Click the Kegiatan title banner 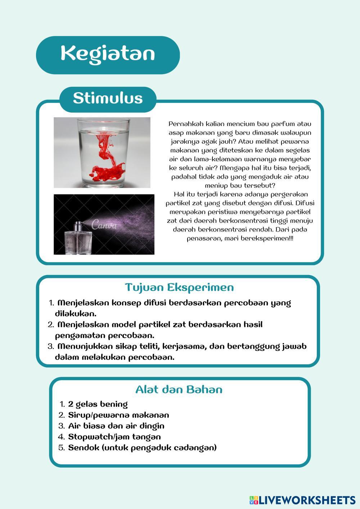coord(108,54)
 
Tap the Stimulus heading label coord(108,98)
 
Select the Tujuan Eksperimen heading coord(179,287)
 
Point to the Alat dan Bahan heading coord(179,389)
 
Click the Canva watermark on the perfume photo coord(104,225)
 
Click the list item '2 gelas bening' coord(98,404)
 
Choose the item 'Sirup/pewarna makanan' coord(118,415)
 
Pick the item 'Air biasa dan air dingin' coord(116,426)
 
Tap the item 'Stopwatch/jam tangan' coord(114,437)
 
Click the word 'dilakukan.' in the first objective coord(75,314)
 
